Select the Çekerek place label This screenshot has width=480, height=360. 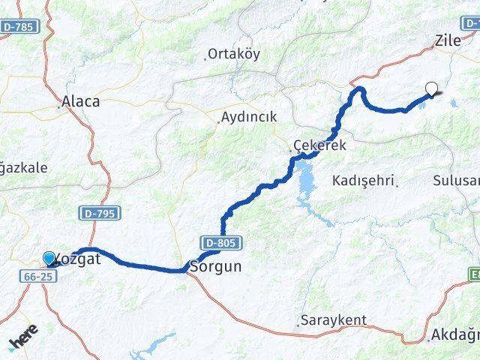tap(321, 145)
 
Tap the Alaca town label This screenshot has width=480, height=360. tap(82, 100)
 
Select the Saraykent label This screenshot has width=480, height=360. tap(334, 320)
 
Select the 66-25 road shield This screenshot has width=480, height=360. tap(37, 277)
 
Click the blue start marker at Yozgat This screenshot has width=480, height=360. tap(49, 258)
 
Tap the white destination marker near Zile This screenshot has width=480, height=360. tap(431, 89)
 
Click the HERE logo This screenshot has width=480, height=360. tap(25, 338)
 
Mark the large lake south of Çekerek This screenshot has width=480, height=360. tap(308, 181)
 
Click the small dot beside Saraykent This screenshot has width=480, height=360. tap(298, 321)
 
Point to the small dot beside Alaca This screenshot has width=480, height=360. tap(61, 106)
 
